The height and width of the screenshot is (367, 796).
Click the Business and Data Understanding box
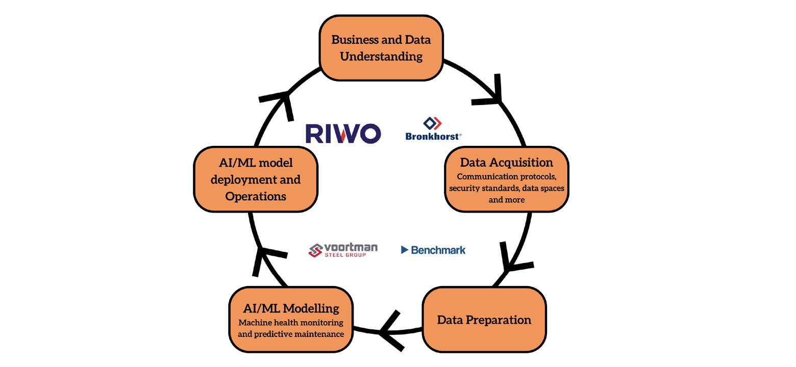click(381, 48)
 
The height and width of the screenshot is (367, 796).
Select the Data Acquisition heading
click(506, 163)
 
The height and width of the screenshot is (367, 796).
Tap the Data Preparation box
click(484, 320)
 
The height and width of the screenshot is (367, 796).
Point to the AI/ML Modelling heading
click(291, 308)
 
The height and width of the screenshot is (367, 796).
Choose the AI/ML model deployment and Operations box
click(256, 179)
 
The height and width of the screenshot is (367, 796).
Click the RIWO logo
click(343, 134)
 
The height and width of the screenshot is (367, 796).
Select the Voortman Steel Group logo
click(343, 250)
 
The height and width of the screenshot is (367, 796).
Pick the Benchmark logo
click(433, 250)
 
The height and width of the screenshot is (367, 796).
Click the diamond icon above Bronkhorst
click(433, 123)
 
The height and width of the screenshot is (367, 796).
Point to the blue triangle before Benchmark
click(405, 250)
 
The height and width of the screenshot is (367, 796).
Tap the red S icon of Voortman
click(315, 250)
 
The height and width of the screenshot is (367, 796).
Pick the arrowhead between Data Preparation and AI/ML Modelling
click(390, 330)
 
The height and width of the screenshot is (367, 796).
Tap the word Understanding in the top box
click(381, 57)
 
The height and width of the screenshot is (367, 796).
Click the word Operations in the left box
click(256, 196)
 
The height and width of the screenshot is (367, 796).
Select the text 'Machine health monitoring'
click(291, 323)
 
